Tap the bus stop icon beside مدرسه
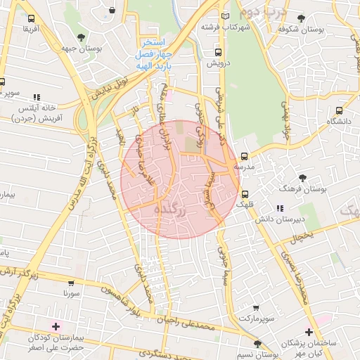coord(245,157)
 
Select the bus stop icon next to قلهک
coord(245,194)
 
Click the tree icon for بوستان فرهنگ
coord(303,179)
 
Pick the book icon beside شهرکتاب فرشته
coord(225,16)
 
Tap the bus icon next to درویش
coord(218,52)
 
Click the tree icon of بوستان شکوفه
coord(302,18)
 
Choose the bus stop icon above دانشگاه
coord(340,110)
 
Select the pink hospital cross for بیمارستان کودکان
coord(56,327)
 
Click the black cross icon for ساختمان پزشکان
coord(309,332)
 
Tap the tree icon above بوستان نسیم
coord(257,344)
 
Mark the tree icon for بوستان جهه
coord(82,37)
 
